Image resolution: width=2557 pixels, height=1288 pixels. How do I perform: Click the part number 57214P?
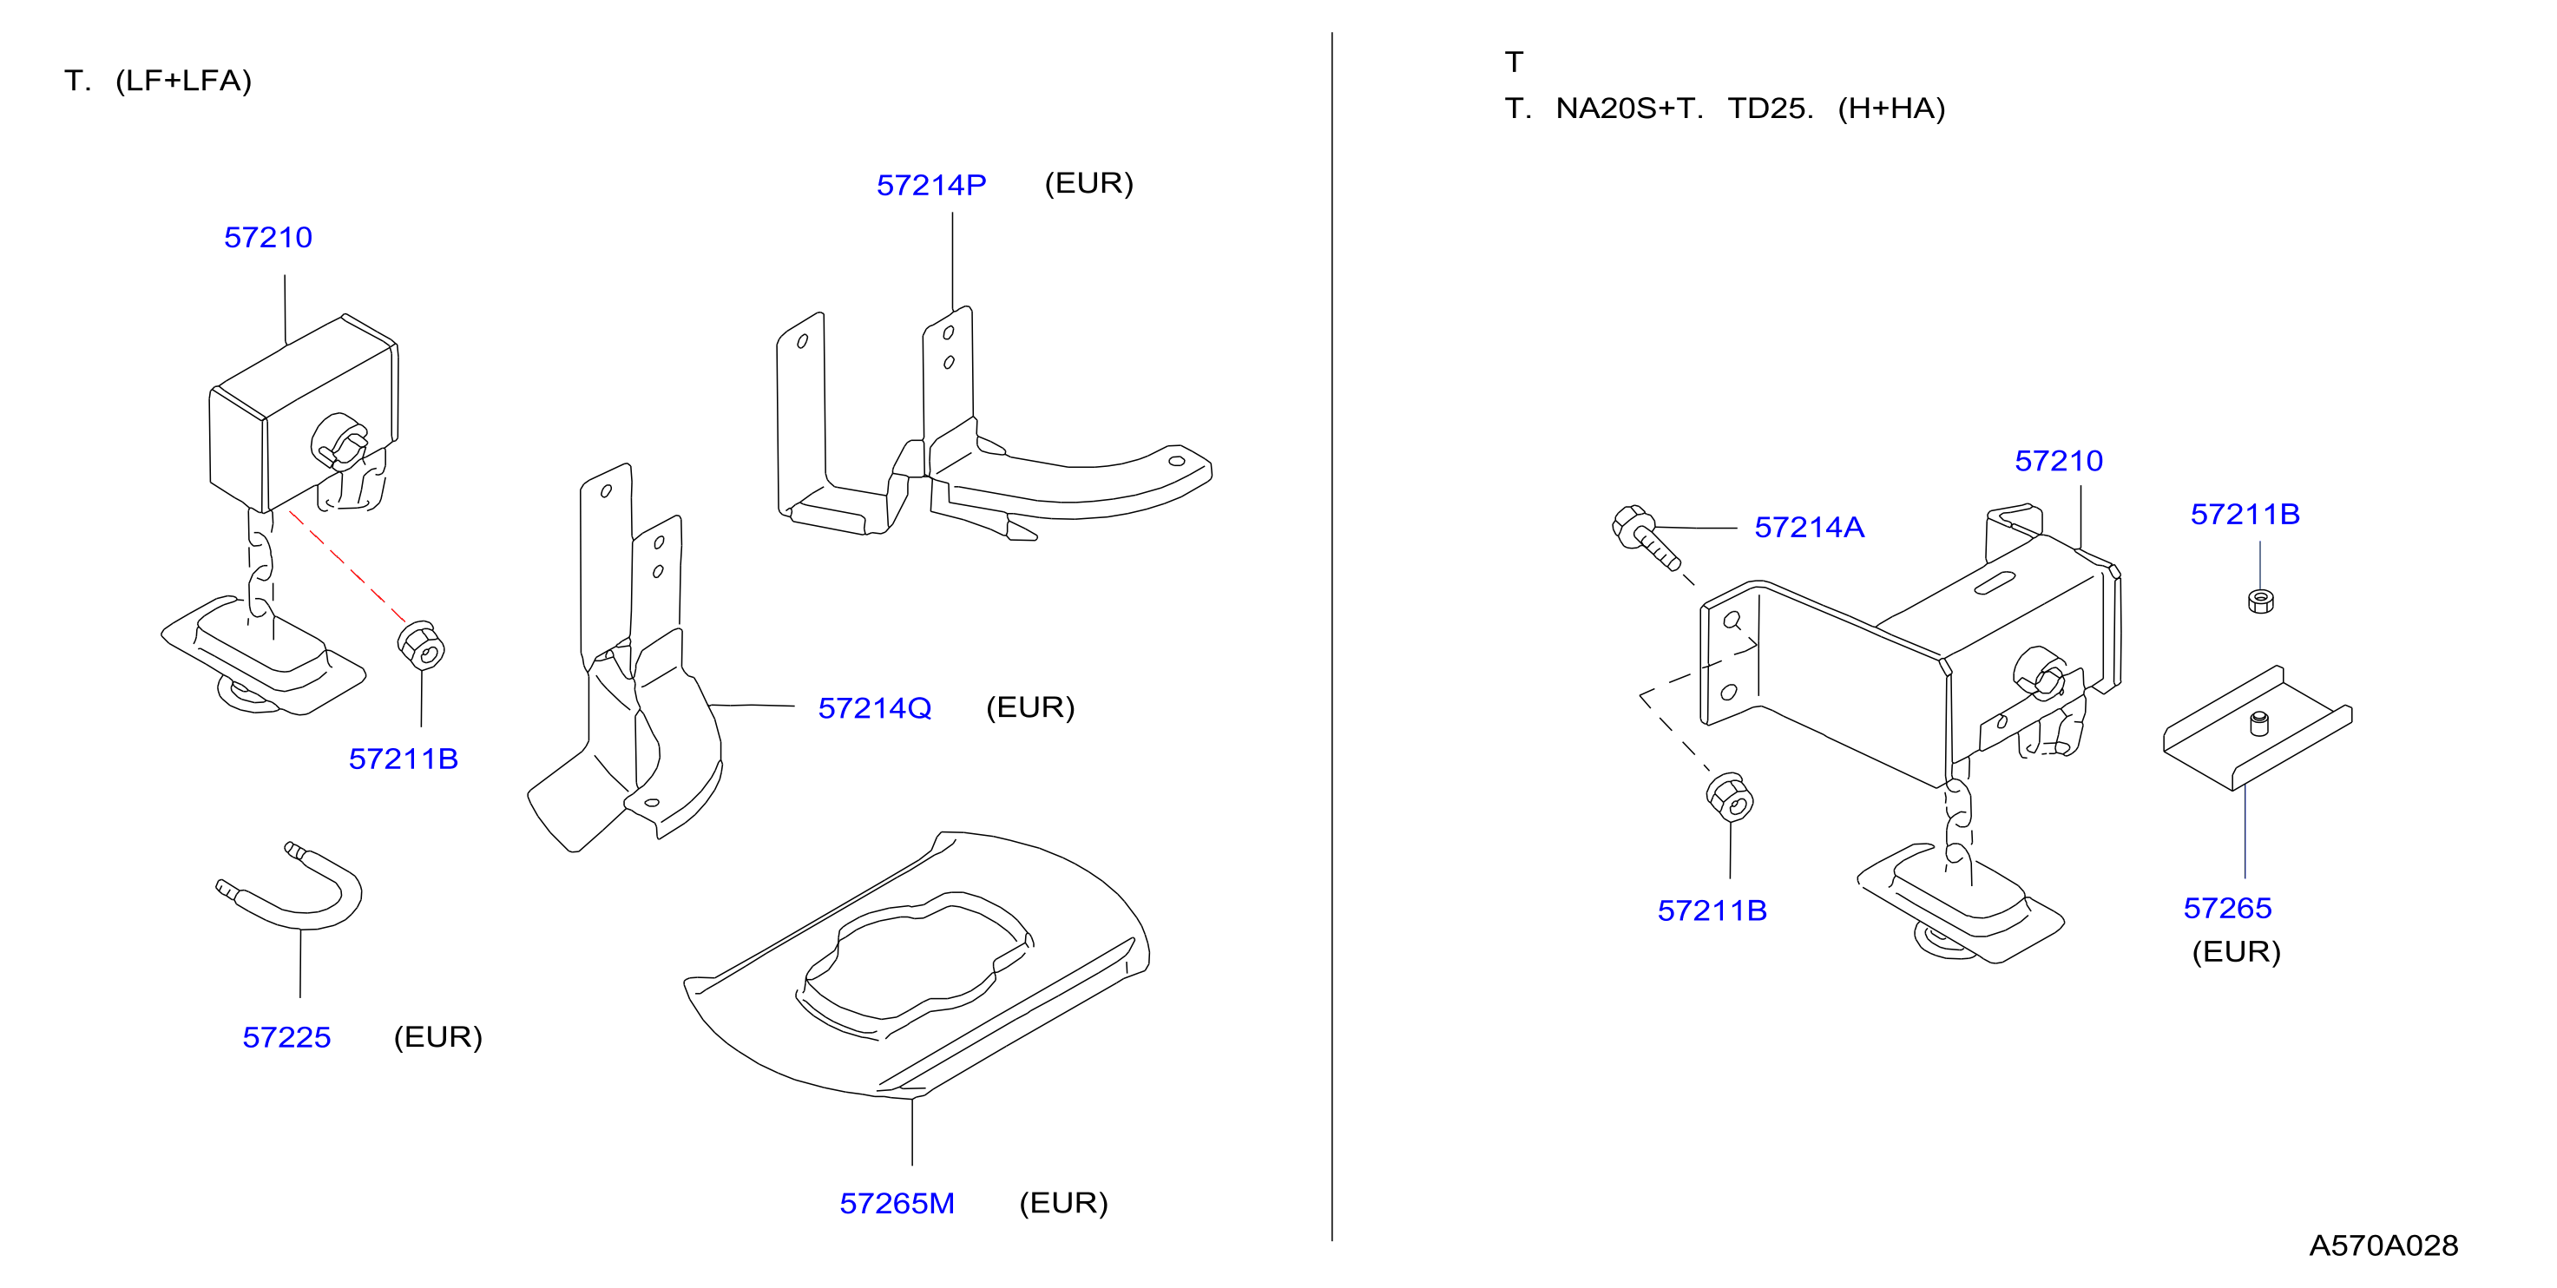click(x=930, y=186)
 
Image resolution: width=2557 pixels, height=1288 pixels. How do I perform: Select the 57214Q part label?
click(x=875, y=708)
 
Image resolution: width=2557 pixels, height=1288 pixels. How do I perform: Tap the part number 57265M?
click(x=897, y=1204)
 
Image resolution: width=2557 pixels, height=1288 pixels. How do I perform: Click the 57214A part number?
click(x=1809, y=528)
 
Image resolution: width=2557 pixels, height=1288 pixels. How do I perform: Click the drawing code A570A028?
click(x=2383, y=1246)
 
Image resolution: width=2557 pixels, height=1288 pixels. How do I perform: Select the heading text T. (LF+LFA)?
click(x=158, y=82)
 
